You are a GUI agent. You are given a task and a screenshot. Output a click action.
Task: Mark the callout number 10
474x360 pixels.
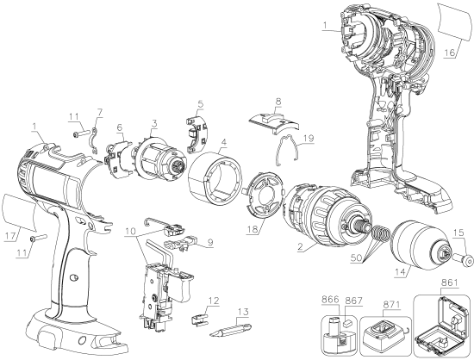click(x=130, y=232)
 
